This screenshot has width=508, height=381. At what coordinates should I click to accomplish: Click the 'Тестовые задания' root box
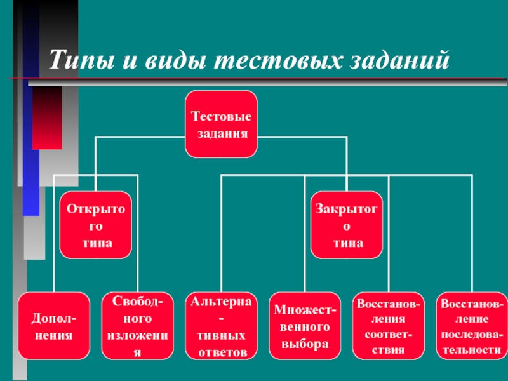[221, 124]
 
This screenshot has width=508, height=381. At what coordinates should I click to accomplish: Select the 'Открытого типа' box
[97, 226]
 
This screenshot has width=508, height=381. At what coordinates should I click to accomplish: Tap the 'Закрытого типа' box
[347, 226]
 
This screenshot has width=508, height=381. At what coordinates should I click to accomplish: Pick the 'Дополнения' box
[53, 325]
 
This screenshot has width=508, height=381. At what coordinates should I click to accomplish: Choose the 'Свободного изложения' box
[137, 325]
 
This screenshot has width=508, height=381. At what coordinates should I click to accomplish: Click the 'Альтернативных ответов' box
[221, 325]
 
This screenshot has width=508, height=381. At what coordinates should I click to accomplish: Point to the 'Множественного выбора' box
[305, 325]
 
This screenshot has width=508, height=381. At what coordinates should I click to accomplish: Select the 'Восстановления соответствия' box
[389, 325]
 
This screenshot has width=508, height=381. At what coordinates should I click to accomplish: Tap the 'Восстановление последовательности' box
[472, 325]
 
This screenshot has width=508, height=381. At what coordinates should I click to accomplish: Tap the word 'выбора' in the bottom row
[305, 344]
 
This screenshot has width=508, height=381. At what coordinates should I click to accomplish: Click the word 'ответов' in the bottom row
[222, 351]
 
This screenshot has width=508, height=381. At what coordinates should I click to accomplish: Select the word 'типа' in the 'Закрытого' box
[348, 243]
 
